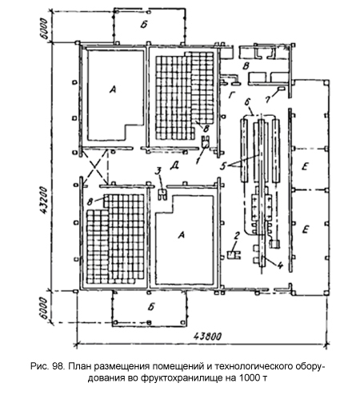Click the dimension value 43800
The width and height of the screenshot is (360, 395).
[207, 337]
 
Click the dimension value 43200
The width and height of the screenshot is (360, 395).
[44, 200]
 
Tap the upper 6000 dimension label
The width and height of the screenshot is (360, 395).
[45, 29]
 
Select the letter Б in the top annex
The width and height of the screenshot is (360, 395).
[144, 25]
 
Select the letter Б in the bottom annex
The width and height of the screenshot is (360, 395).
[151, 307]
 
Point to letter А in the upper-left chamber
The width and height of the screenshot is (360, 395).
[113, 90]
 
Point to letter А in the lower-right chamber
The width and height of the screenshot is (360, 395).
[182, 235]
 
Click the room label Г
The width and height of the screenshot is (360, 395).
[231, 94]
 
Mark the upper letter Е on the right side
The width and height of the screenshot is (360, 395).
[305, 167]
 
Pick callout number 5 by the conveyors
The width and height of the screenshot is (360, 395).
[223, 166]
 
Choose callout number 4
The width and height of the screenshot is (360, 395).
[280, 265]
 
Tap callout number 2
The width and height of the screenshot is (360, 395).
[237, 236]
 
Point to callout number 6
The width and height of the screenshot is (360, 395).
[247, 102]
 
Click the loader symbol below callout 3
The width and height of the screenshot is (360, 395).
[162, 194]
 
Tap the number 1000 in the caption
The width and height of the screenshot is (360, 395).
[249, 378]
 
